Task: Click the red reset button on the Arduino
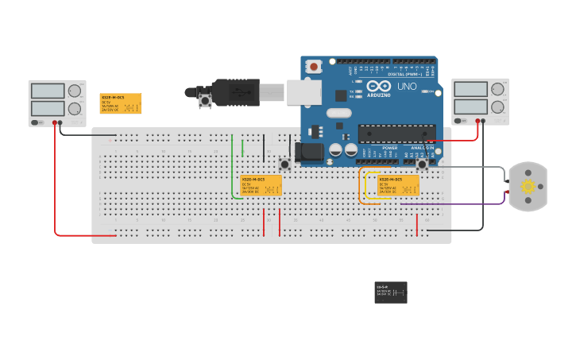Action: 315,67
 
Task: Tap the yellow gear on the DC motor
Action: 528,187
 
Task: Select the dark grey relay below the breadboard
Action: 391,292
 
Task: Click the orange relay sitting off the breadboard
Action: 120,103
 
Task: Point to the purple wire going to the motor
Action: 453,204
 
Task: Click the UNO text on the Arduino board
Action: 407,87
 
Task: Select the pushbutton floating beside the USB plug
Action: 205,100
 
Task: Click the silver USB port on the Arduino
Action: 303,92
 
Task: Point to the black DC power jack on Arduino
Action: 308,151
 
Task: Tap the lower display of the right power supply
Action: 470,106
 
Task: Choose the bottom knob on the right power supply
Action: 497,106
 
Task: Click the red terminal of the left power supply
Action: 55,123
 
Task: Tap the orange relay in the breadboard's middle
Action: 261,185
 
